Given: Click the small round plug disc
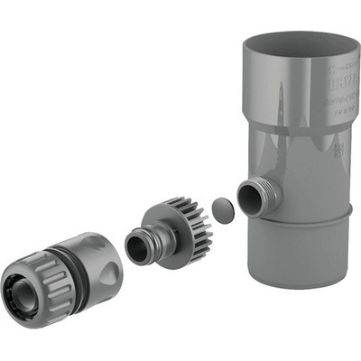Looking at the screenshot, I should [x=222, y=211].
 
